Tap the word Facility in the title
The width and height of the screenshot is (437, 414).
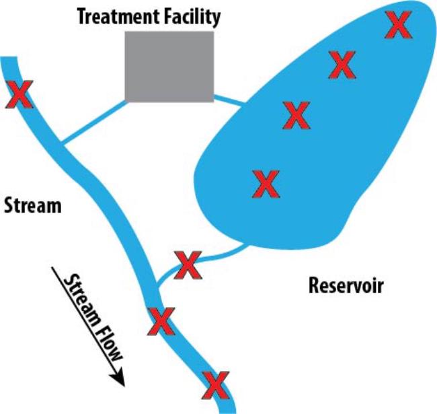click(x=193, y=16)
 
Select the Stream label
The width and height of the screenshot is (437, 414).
click(x=32, y=204)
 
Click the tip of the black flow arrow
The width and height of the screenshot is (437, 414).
click(x=124, y=385)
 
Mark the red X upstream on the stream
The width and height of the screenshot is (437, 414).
click(x=19, y=95)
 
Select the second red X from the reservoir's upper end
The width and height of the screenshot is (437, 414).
click(x=342, y=65)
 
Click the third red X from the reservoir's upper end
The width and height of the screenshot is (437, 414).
click(x=296, y=115)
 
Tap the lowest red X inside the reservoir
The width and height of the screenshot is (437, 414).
click(x=266, y=184)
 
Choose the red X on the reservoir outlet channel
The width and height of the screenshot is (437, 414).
click(x=188, y=265)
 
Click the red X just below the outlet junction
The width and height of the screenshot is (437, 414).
click(x=161, y=322)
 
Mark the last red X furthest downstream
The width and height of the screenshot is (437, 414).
click(x=216, y=385)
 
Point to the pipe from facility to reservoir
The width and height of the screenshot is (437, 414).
click(x=229, y=101)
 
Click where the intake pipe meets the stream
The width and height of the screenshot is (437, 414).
click(x=62, y=142)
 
